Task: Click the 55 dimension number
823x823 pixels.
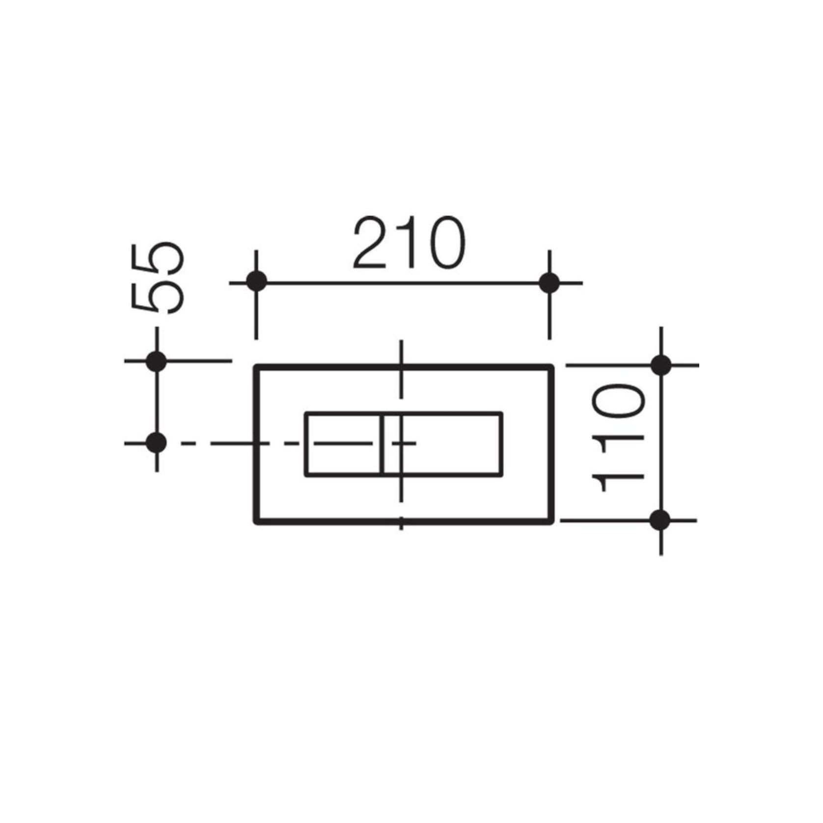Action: click(158, 278)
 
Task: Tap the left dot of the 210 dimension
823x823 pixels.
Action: click(256, 282)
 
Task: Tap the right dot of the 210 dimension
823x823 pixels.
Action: click(549, 283)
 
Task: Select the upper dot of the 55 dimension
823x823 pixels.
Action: click(157, 361)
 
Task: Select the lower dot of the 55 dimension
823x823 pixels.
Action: click(157, 443)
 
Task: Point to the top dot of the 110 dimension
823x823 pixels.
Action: click(661, 365)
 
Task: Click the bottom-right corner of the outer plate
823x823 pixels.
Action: click(551, 521)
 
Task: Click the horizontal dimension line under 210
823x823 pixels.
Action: click(403, 283)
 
